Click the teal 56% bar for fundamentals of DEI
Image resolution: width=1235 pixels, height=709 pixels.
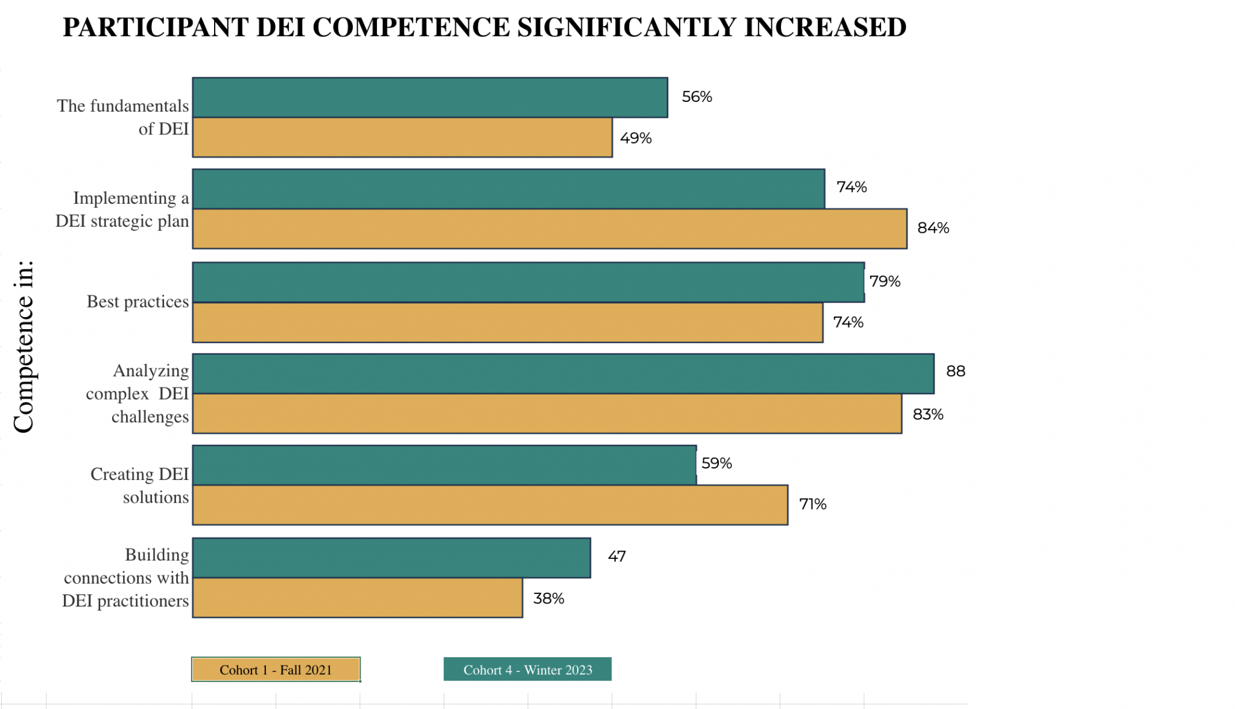430,98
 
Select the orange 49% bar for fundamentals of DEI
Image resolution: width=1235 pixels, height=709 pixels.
402,137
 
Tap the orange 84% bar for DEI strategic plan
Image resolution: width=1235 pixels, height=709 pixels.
549,228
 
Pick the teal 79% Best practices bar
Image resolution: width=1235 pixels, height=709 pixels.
528,282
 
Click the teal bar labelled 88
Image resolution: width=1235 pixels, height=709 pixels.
563,374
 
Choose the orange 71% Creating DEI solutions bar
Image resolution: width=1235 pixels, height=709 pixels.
490,505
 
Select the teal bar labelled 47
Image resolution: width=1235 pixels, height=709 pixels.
391,558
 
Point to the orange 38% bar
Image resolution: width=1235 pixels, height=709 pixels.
358,597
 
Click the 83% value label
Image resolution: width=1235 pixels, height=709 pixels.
927,414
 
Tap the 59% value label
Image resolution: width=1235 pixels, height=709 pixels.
716,463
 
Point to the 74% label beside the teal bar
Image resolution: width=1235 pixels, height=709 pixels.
851,187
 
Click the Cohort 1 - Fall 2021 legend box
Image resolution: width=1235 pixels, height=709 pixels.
276,669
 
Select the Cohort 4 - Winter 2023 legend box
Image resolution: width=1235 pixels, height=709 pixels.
528,669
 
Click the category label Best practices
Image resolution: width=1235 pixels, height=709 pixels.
137,301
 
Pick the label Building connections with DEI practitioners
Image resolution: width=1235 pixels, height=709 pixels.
126,578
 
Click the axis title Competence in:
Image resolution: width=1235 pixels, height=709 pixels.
24,347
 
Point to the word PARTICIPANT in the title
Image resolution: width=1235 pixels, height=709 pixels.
156,27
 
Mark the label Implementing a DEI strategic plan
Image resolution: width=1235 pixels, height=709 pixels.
122,209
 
